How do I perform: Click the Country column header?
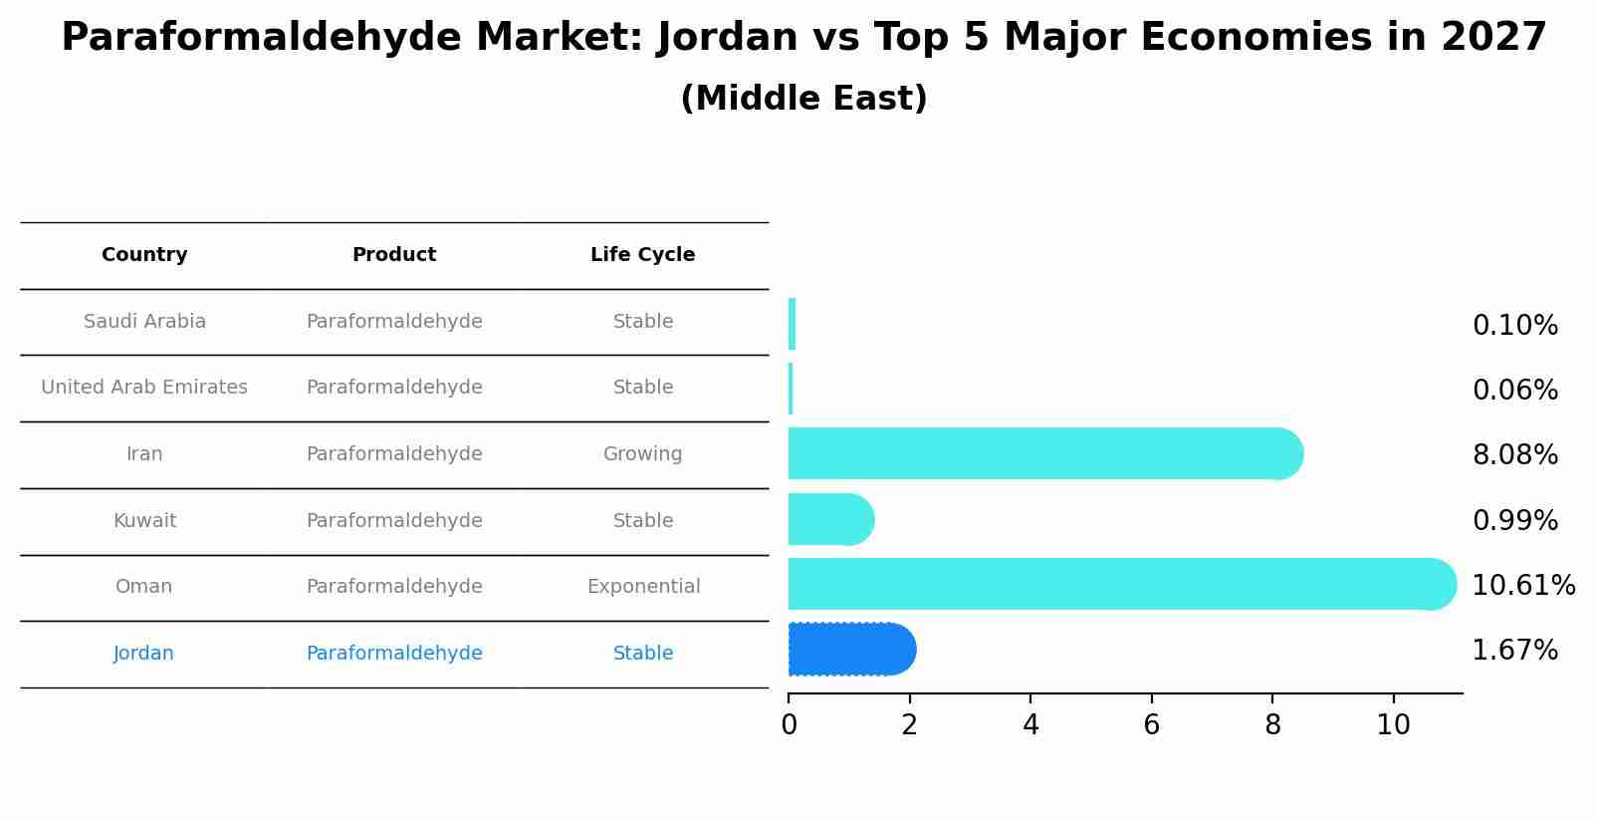click(x=144, y=255)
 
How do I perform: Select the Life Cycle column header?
click(x=642, y=255)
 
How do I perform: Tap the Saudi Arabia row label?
click(x=144, y=322)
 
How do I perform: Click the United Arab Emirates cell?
click(x=144, y=388)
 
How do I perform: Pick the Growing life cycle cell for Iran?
click(x=642, y=454)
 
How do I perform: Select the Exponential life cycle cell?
click(x=643, y=587)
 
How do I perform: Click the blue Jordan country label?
click(x=143, y=654)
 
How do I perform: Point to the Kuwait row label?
click(x=144, y=521)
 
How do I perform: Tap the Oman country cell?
click(x=143, y=587)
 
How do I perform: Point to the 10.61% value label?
click(x=1523, y=586)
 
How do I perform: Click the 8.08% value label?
click(x=1514, y=455)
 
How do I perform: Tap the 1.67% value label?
click(x=1514, y=651)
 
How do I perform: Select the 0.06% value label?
click(x=1514, y=391)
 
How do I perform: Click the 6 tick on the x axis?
click(x=1151, y=725)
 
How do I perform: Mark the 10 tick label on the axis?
click(x=1393, y=725)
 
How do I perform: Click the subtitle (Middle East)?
click(x=803, y=99)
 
